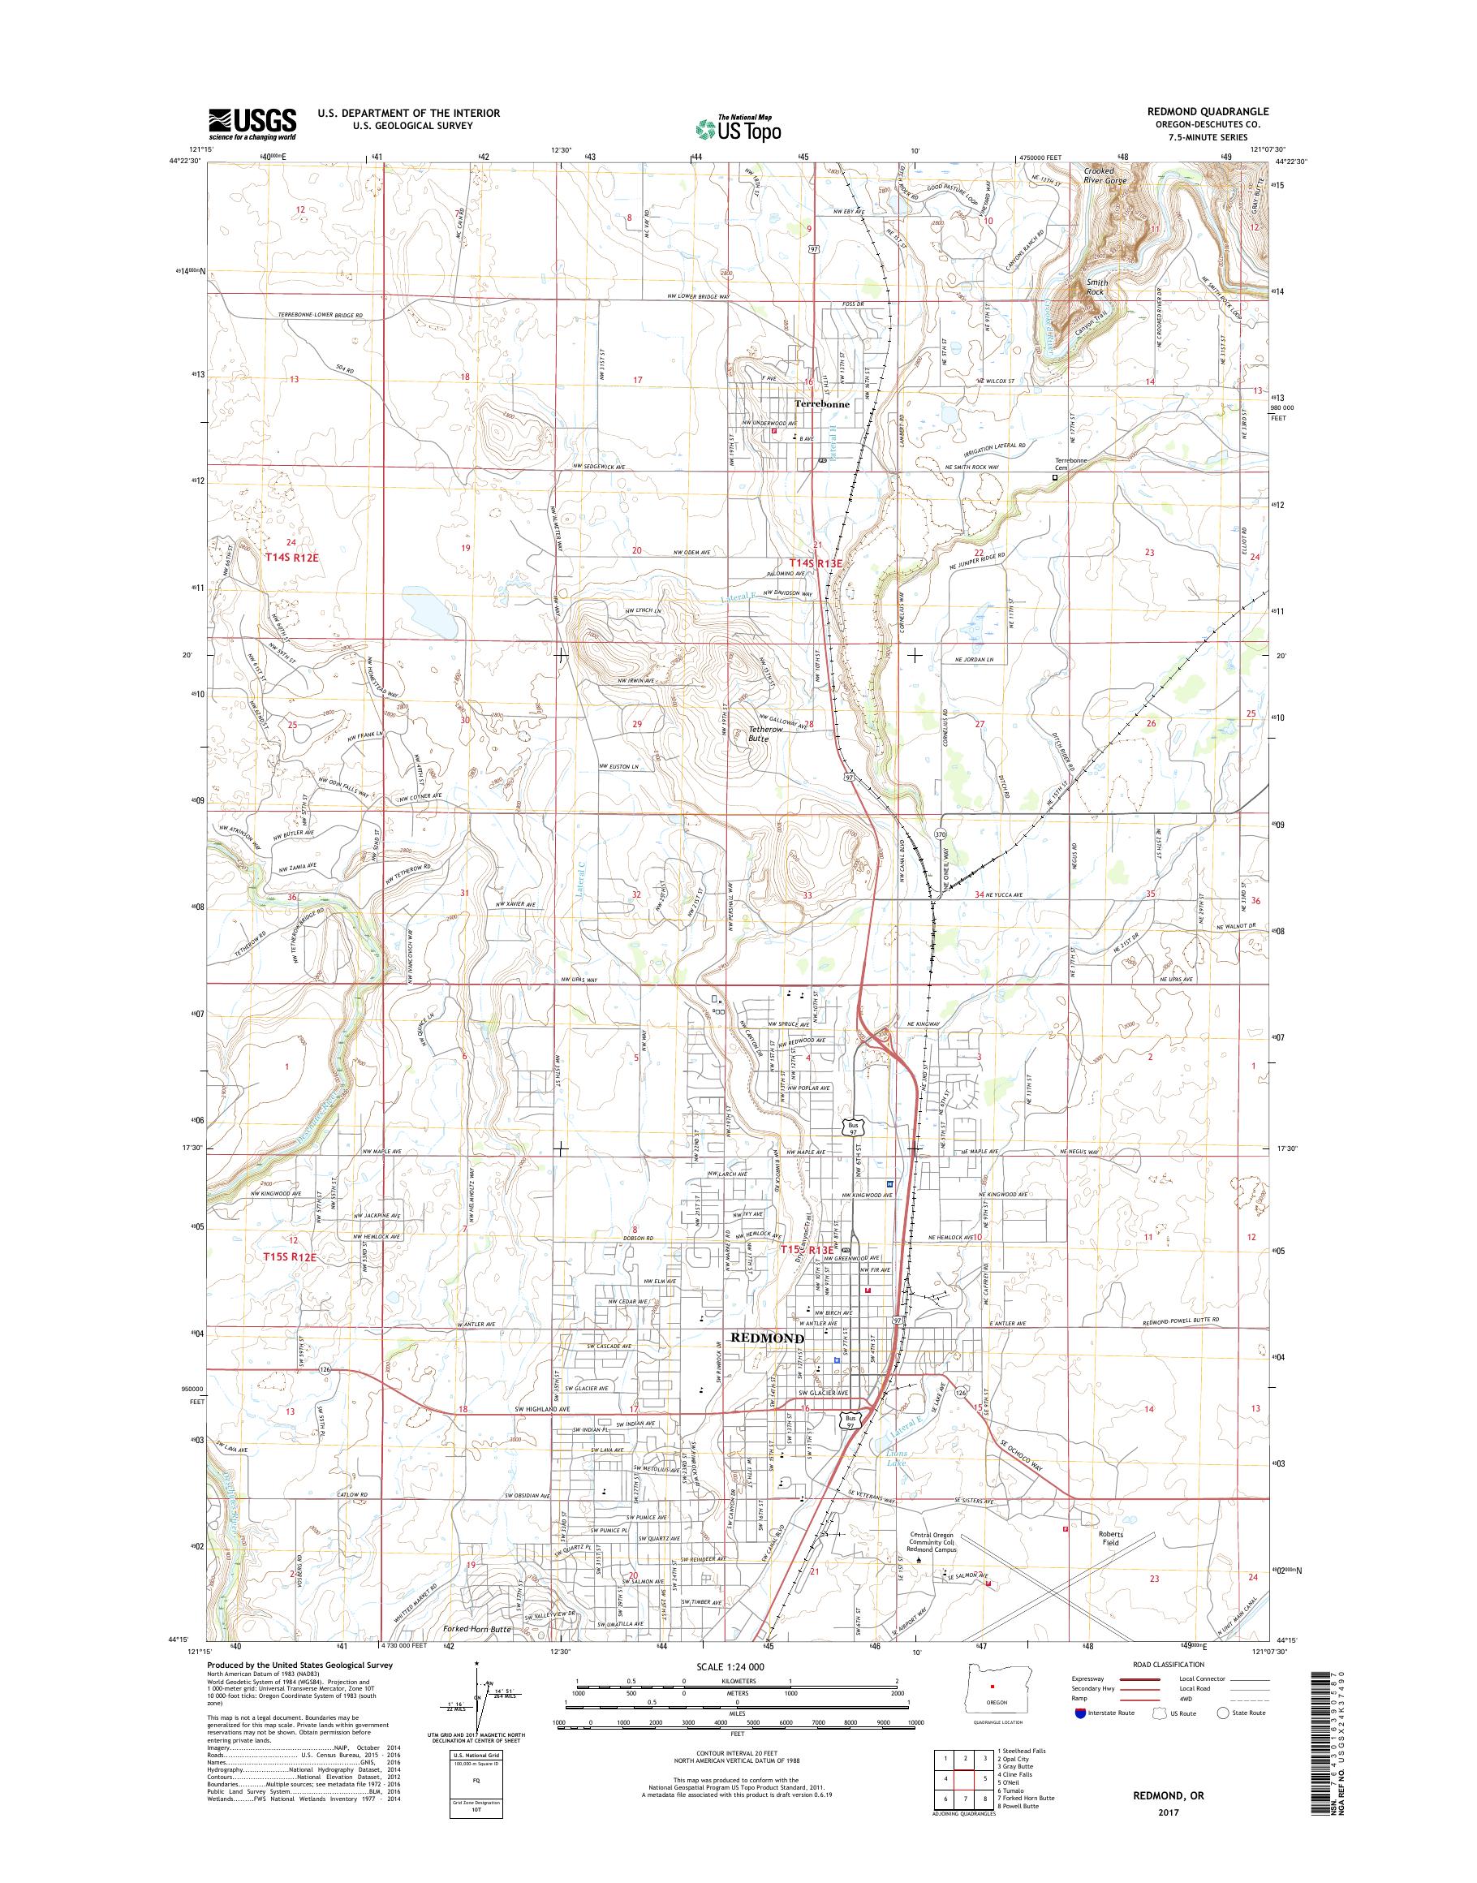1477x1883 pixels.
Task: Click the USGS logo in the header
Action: [252, 123]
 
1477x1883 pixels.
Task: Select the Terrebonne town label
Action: [821, 404]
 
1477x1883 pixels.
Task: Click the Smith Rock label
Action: [1096, 287]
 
